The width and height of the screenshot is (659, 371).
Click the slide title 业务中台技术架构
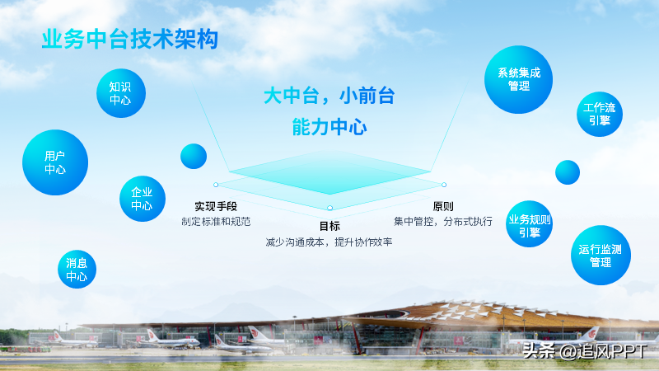coord(130,40)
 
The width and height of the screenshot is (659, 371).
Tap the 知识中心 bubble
coord(121,93)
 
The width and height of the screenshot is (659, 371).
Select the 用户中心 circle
coord(55,162)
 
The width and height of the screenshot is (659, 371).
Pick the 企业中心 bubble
coord(143,199)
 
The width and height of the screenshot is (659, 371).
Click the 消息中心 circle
coord(77,270)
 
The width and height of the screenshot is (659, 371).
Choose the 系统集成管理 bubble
coord(519,79)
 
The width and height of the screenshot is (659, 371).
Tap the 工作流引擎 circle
coord(600,114)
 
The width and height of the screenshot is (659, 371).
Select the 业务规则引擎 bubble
coord(529,223)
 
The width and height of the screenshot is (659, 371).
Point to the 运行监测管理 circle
coord(601,256)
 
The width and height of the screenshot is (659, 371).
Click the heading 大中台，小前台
coord(329,96)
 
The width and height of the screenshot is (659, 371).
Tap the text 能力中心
coord(329,127)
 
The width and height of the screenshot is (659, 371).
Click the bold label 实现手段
coord(216,206)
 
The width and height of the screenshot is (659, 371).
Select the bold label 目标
coord(329,226)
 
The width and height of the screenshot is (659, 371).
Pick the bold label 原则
coord(443,206)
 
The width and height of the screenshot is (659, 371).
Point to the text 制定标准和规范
coord(216,221)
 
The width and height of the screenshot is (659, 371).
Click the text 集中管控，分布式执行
coord(443,221)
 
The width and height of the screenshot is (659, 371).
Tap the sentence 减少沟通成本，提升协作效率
coord(329,242)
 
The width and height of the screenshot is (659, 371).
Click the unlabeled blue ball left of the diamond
coord(194,156)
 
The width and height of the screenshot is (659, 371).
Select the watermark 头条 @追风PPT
coord(585,351)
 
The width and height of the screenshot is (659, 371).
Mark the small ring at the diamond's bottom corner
coord(330,208)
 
